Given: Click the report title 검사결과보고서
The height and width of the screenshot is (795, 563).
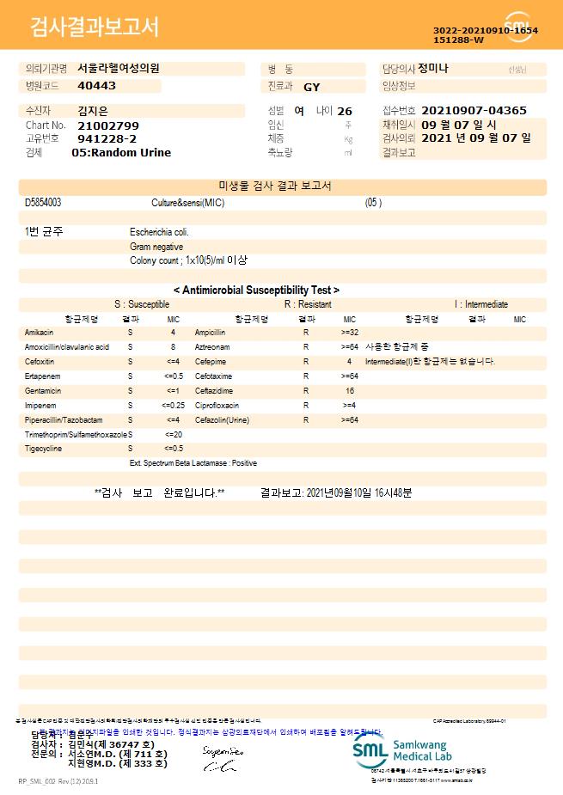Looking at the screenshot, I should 95,28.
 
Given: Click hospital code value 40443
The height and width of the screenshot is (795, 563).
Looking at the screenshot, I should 96,86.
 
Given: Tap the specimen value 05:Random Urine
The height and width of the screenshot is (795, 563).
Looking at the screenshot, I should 121,152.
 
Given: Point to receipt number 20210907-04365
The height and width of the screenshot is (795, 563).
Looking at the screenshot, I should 475,111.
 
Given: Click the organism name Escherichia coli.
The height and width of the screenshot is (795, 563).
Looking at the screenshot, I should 159,232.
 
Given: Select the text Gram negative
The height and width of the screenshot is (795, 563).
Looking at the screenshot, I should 156,247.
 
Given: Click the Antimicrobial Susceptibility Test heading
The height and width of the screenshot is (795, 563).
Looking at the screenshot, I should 256,290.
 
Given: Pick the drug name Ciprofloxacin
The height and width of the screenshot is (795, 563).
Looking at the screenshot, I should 216,405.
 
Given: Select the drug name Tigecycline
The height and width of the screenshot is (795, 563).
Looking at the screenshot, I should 43,449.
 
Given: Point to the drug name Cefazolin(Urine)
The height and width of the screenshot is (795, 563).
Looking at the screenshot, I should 222,420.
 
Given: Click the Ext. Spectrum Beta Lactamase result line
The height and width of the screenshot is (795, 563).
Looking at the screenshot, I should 193,463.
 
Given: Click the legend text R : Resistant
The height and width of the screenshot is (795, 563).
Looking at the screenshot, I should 308,304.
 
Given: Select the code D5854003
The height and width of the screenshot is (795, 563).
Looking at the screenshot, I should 43,203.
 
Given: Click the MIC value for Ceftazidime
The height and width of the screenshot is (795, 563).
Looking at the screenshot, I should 350,390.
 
